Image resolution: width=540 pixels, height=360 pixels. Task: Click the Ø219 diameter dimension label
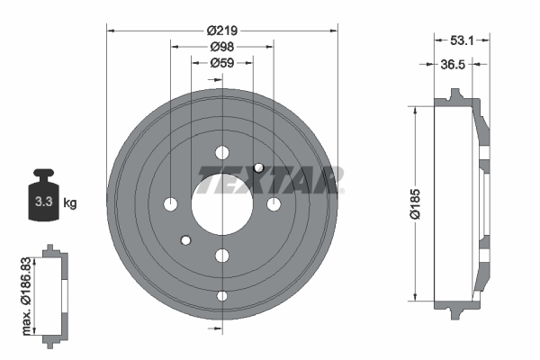tap(222, 31)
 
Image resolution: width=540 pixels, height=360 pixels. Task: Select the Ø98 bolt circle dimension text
tap(222, 47)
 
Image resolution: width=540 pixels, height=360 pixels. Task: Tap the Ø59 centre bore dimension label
tap(222, 63)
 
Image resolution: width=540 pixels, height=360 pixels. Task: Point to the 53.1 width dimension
tap(462, 40)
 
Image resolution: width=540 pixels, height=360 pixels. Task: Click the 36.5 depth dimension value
tap(453, 65)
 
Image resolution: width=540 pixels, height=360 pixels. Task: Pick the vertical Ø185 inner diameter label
tap(415, 203)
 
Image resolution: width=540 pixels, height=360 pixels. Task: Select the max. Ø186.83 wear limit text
tap(26, 296)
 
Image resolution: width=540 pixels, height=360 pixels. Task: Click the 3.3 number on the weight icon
tap(44, 202)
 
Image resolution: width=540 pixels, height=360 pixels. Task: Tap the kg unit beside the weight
tap(70, 202)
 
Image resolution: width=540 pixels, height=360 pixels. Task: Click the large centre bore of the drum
tap(222, 204)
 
